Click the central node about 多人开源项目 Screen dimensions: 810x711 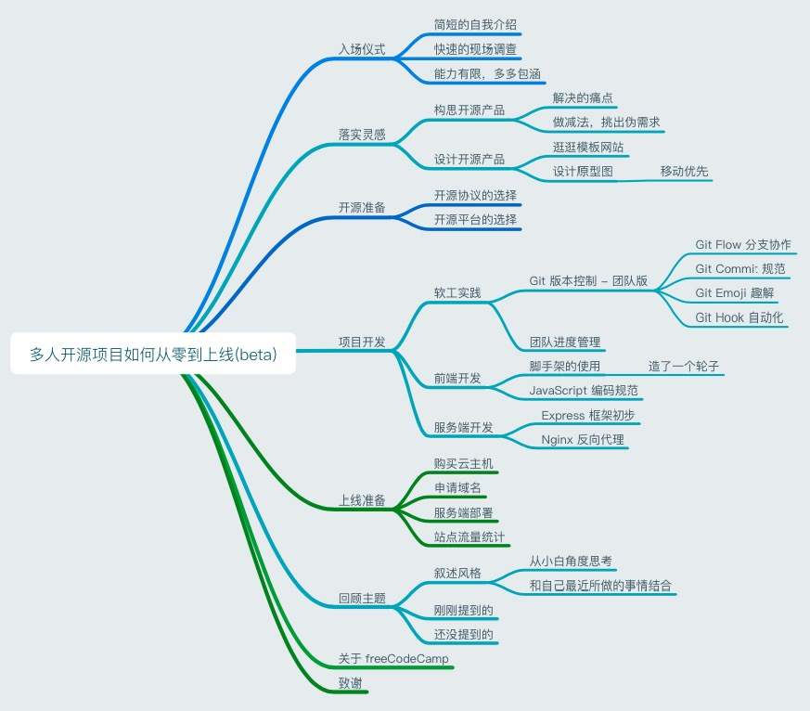153,354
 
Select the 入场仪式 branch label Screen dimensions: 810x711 362,49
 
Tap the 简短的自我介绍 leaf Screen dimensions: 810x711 475,24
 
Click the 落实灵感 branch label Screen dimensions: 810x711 362,135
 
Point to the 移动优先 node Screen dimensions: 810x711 685,171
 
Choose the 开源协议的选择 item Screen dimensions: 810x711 475,196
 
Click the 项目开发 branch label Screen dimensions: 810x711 362,342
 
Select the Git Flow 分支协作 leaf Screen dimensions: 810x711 743,245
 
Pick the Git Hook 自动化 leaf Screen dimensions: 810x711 739,317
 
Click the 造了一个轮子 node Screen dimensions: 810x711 684,366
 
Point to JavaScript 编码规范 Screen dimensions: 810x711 584,390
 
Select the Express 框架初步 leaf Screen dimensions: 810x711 588,415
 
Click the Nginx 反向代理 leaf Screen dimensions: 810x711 583,439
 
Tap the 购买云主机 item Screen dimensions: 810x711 464,462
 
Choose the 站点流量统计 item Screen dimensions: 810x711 469,536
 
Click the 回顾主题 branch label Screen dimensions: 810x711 362,598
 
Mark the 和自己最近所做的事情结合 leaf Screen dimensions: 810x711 601,586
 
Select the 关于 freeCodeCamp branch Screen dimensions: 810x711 393,658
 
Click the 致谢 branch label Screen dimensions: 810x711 351,684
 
